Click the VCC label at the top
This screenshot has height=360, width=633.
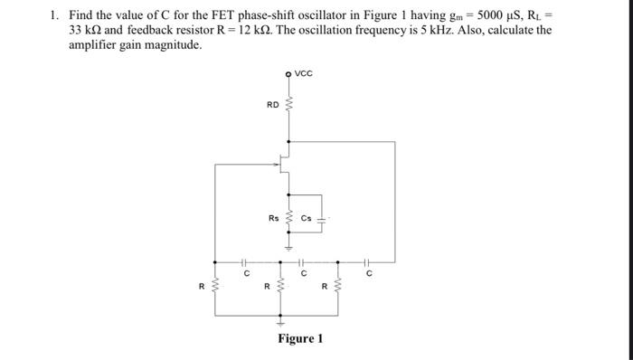click(304, 74)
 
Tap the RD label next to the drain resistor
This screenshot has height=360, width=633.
click(272, 105)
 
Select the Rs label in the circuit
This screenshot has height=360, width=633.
click(273, 217)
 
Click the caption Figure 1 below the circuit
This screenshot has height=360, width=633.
click(300, 338)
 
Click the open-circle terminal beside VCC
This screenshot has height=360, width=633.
click(288, 74)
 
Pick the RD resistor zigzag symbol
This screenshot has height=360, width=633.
click(288, 107)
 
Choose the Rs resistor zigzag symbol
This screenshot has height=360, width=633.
click(288, 219)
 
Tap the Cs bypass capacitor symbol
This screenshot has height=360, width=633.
click(320, 218)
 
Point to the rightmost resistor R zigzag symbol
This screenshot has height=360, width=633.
click(338, 289)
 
